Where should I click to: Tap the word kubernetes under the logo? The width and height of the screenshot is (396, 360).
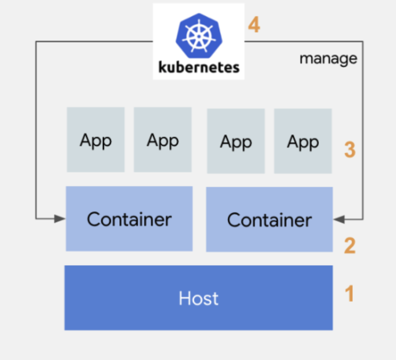[199, 67]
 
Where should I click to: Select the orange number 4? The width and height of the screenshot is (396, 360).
[254, 25]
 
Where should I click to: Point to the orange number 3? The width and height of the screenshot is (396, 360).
[349, 149]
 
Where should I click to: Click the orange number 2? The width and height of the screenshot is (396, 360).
[349, 245]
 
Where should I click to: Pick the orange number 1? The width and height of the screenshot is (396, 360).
[349, 294]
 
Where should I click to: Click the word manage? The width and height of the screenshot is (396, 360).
[328, 59]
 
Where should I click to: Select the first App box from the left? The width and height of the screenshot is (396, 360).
[96, 140]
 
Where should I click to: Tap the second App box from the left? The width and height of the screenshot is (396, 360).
[163, 140]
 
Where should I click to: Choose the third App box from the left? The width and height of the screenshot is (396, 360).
[236, 141]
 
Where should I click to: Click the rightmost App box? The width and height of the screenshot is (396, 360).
[303, 141]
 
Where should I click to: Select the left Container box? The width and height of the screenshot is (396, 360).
[129, 218]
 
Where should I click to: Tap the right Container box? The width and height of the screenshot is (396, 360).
[269, 219]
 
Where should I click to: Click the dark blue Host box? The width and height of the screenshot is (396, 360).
[198, 298]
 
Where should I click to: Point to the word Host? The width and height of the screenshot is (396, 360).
[198, 298]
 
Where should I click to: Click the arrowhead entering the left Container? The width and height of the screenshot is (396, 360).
[60, 219]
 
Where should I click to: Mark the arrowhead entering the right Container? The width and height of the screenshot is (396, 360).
[339, 220]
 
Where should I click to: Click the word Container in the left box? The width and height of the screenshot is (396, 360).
[129, 219]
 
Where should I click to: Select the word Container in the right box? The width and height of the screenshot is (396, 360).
[269, 220]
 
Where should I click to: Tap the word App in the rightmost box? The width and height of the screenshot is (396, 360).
[303, 142]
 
